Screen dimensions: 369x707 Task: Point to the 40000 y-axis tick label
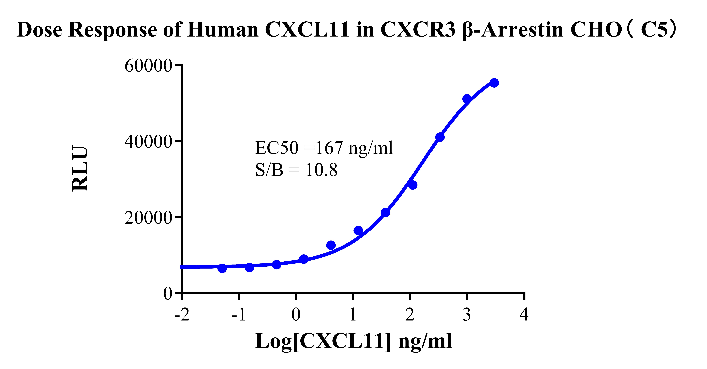click(x=148, y=142)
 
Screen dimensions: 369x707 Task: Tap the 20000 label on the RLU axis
click(x=148, y=218)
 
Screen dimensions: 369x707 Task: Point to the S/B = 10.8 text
click(x=296, y=170)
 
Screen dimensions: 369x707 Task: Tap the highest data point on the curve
click(x=494, y=83)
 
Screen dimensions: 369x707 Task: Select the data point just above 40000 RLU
click(x=440, y=137)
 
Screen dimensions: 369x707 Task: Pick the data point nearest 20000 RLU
click(x=385, y=212)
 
